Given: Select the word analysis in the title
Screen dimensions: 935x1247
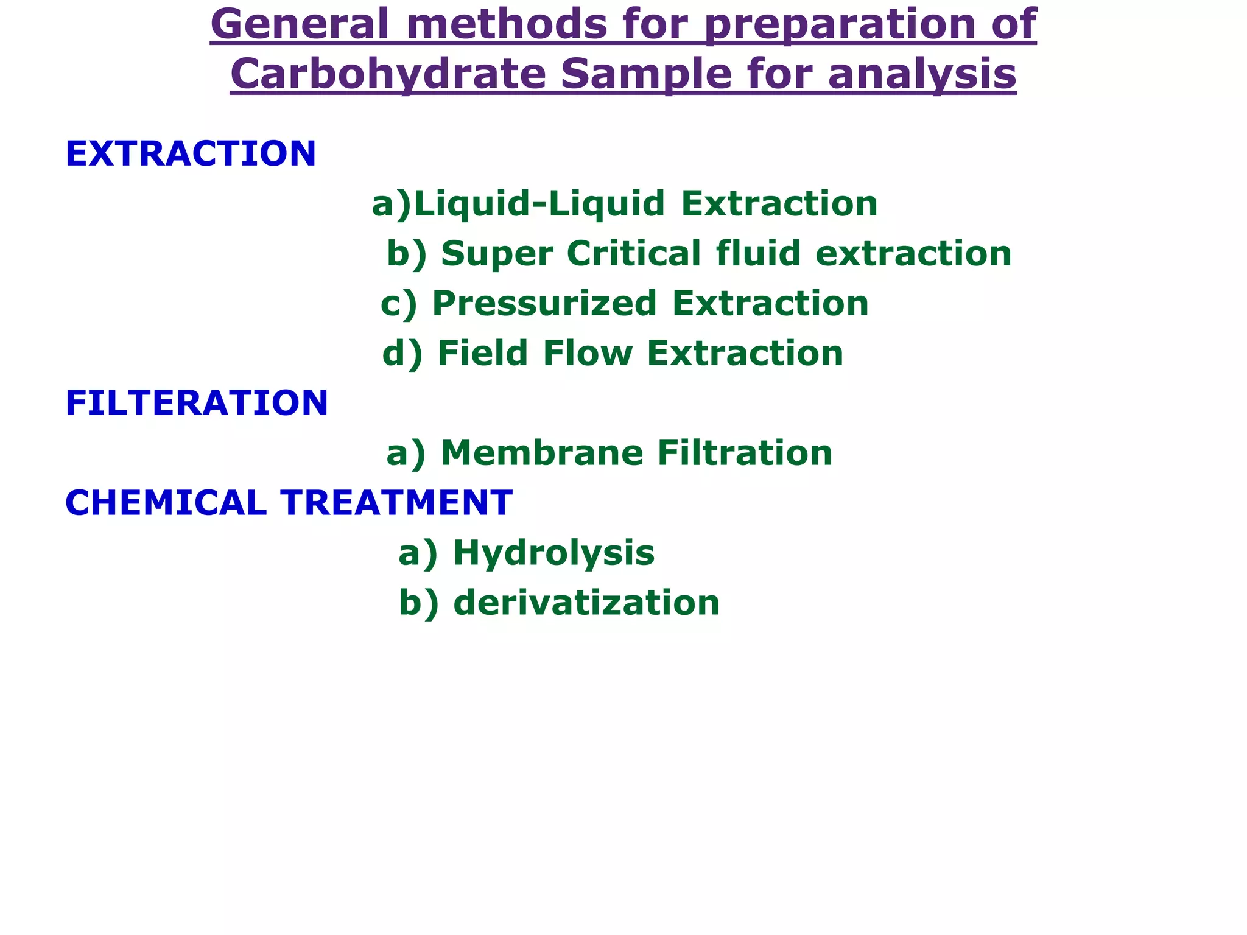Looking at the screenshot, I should tap(922, 74).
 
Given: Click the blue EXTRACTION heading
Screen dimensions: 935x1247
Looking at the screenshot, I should tap(191, 153).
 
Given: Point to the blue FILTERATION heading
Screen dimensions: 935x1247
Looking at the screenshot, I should tap(197, 403).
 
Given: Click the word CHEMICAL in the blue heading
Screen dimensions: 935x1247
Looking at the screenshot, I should tap(166, 503).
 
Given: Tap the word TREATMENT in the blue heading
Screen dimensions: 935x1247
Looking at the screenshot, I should tap(396, 503).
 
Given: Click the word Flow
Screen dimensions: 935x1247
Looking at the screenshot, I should tap(588, 353).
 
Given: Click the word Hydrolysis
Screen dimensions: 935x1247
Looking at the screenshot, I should tap(553, 553).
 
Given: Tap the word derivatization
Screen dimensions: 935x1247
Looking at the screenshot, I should tap(586, 603).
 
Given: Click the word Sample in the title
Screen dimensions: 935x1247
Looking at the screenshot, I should tap(646, 74).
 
